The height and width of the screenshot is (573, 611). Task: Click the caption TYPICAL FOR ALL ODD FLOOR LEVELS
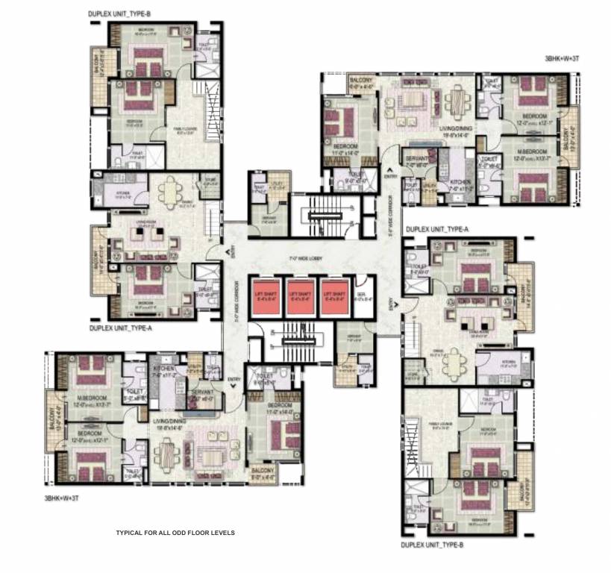(x=175, y=533)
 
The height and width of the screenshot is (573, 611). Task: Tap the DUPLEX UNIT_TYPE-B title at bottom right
(x=433, y=546)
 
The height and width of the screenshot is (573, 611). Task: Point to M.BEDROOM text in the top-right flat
(x=533, y=151)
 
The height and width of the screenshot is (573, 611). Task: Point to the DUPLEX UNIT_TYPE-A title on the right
(x=436, y=229)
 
